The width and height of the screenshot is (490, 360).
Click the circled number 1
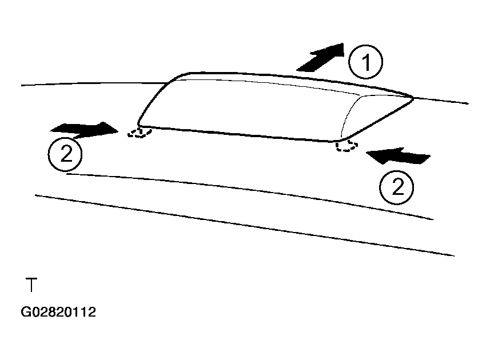[365, 62]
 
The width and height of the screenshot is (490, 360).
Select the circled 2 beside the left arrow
[65, 154]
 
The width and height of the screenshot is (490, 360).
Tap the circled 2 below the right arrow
[397, 187]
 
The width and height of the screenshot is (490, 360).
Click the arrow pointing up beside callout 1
[320, 58]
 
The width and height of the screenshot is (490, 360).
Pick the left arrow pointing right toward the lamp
[85, 130]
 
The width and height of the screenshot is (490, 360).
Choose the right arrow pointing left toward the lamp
[398, 156]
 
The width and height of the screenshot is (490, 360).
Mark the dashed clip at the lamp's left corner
[140, 133]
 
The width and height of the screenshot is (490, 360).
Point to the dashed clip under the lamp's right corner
[346, 146]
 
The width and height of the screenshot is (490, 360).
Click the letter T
[31, 284]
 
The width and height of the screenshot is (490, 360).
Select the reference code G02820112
[58, 312]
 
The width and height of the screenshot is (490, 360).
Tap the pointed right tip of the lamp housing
[413, 99]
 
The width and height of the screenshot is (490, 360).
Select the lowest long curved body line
[244, 224]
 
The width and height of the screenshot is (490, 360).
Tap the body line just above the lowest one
[250, 190]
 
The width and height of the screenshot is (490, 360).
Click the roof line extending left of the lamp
[94, 83]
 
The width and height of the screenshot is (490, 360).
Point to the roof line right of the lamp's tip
[441, 101]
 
